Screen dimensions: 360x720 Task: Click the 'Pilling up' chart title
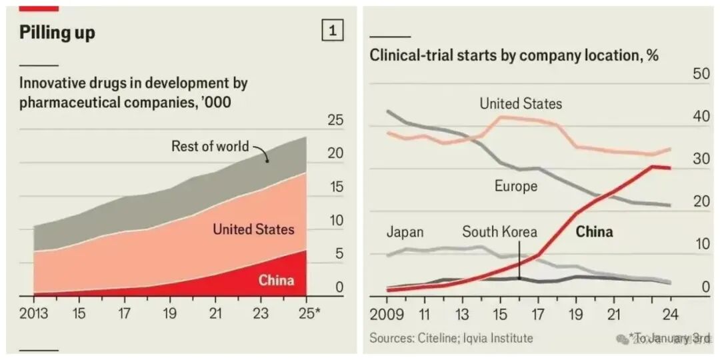(x=57, y=33)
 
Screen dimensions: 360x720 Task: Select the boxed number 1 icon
(x=333, y=31)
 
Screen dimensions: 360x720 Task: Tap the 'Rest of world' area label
(x=210, y=146)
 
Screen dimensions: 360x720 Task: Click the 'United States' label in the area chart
(x=253, y=229)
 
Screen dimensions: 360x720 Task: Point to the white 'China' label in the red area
(x=276, y=280)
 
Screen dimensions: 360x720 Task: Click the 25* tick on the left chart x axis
(x=307, y=313)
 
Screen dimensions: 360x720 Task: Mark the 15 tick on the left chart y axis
(x=336, y=187)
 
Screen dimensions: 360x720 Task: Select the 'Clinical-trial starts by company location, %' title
(x=514, y=55)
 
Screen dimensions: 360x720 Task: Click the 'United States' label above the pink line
(x=521, y=104)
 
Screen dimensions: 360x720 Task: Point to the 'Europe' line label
(x=516, y=186)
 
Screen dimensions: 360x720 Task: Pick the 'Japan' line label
(x=405, y=232)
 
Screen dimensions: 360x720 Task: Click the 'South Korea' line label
(x=499, y=232)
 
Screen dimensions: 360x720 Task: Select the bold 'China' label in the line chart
(x=594, y=232)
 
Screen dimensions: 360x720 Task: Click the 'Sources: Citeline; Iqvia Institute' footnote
(x=451, y=338)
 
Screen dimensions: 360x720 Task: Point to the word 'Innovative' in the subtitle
(x=53, y=84)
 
